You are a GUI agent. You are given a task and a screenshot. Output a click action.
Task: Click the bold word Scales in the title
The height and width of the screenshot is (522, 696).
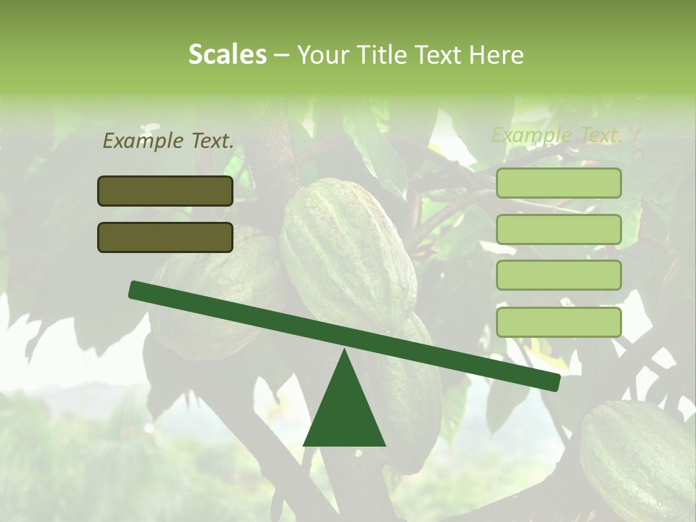tap(227, 54)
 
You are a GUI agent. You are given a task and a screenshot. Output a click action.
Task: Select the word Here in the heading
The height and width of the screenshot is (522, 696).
tap(497, 54)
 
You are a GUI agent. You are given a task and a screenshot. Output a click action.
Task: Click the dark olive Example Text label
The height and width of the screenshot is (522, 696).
tap(168, 141)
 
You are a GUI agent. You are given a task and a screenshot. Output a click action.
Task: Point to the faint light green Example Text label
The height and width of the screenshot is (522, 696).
tap(557, 135)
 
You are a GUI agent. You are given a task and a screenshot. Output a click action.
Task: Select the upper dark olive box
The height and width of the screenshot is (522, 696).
tap(165, 191)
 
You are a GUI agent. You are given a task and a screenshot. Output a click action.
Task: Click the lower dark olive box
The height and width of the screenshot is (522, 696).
tap(165, 237)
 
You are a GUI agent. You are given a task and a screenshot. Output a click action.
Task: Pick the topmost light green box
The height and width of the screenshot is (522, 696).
tap(558, 183)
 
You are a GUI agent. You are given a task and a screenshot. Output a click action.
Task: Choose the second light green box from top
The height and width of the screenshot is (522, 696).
tap(558, 229)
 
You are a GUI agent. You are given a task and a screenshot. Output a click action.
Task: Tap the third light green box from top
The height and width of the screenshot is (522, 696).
tap(558, 275)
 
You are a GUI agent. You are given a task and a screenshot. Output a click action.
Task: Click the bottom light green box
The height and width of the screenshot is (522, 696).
tap(558, 322)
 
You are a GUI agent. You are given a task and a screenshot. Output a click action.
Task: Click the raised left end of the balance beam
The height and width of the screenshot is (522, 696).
tap(135, 289)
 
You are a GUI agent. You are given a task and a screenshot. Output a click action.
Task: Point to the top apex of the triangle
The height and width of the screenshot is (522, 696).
tap(344, 351)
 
